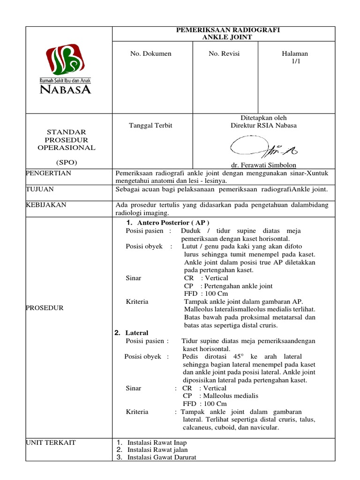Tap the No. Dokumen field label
click(x=150, y=53)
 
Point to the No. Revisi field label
click(x=224, y=53)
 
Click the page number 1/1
click(x=295, y=62)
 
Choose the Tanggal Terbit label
click(x=150, y=125)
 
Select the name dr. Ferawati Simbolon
click(x=263, y=165)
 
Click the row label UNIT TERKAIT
click(x=52, y=442)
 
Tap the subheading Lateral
click(x=136, y=333)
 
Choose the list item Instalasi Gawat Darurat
click(x=162, y=457)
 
